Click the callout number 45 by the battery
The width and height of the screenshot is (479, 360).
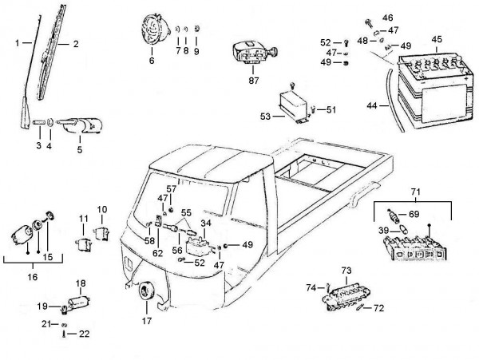pos(436,38)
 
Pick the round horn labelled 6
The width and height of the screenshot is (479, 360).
pos(152,30)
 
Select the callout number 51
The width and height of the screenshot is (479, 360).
pos(331,109)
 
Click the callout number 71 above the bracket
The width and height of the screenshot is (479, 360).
pos(414,192)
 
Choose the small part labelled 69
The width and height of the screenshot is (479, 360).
pos(391,216)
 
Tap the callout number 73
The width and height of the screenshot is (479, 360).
pos(346,271)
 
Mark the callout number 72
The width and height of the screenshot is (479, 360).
pos(379,307)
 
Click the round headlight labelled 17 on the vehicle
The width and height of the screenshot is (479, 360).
pos(146,295)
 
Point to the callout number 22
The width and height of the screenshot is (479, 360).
pos(84,334)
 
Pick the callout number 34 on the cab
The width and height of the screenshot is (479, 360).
pos(206,224)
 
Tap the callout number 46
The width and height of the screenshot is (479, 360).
pos(388,18)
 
